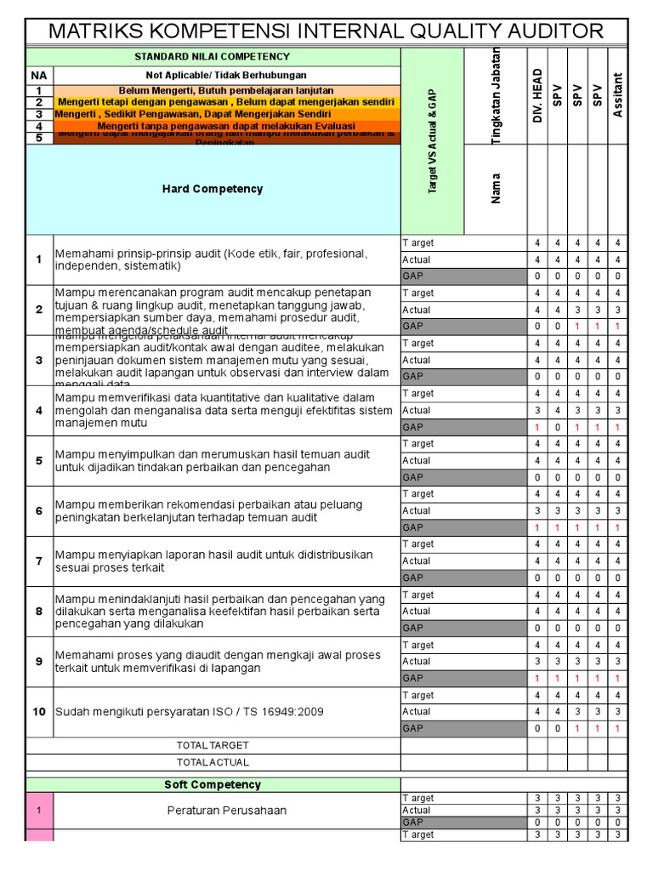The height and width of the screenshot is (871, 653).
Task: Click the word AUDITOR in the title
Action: (546, 31)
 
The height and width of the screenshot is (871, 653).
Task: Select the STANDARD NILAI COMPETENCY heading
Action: (213, 57)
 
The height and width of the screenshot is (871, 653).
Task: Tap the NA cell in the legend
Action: (39, 76)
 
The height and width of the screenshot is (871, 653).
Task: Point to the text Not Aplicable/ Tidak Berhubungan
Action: (225, 76)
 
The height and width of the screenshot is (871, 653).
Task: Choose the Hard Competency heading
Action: (213, 189)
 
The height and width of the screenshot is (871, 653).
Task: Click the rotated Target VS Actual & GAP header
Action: (432, 141)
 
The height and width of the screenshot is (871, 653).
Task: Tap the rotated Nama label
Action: (497, 188)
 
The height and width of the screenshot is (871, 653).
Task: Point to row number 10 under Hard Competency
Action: (39, 711)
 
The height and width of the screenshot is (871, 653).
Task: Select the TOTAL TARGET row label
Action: (213, 745)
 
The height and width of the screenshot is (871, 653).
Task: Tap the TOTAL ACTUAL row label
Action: (213, 761)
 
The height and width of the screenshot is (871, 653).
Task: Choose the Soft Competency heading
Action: (213, 784)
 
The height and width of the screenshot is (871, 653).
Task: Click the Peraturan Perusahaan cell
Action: (226, 811)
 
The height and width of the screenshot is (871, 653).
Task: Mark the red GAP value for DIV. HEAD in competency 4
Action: (537, 427)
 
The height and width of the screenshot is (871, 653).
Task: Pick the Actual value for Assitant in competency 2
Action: (618, 310)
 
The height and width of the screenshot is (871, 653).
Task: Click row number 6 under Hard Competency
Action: (39, 510)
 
